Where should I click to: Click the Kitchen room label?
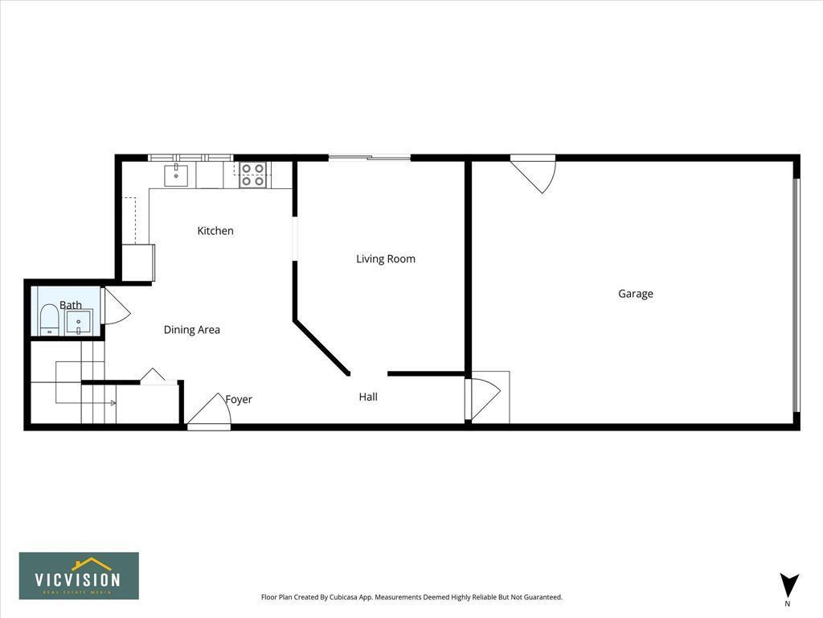(215, 231)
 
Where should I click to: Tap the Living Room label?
(386, 259)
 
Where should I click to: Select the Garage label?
(635, 294)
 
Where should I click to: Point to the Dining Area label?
(191, 330)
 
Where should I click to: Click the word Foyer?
(239, 400)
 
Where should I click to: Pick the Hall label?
(368, 397)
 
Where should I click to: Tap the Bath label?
(71, 305)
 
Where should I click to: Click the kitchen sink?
(176, 175)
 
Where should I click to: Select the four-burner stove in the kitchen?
(253, 175)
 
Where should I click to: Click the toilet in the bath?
(50, 319)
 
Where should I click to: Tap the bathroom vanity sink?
(79, 323)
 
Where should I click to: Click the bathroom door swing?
(115, 307)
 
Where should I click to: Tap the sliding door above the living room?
(370, 158)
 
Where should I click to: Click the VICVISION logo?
(79, 576)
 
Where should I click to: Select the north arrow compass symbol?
(789, 586)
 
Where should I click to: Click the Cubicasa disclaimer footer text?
(411, 597)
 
